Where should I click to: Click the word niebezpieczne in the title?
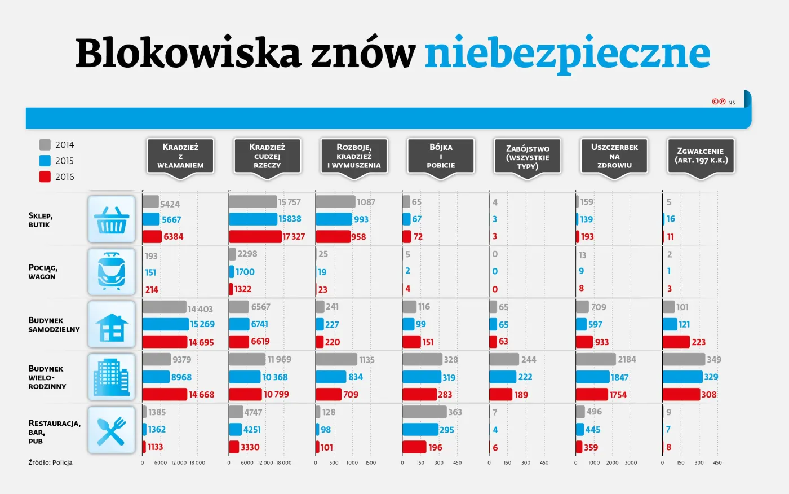tap(567, 54)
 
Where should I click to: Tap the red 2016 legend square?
tap(45, 177)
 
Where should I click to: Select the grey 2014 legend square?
tap(45, 145)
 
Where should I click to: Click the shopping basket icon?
tap(112, 219)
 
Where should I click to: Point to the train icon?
tap(112, 272)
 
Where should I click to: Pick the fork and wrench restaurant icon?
tap(112, 430)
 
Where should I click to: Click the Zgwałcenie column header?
tap(701, 156)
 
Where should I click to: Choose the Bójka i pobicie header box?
tap(441, 156)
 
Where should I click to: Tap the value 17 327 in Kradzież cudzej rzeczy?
tap(294, 237)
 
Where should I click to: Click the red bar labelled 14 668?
tap(165, 394)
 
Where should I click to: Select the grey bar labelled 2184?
tap(596, 359)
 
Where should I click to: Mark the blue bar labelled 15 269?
tap(166, 324)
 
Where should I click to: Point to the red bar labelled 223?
tap(676, 342)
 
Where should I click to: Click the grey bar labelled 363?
tap(424, 412)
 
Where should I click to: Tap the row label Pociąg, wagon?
tap(43, 272)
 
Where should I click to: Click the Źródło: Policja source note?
tap(51, 462)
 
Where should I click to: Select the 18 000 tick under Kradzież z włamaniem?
tap(197, 463)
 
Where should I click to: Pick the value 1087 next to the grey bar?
tap(366, 202)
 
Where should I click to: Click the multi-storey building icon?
tap(112, 377)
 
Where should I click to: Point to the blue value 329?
tap(711, 377)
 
